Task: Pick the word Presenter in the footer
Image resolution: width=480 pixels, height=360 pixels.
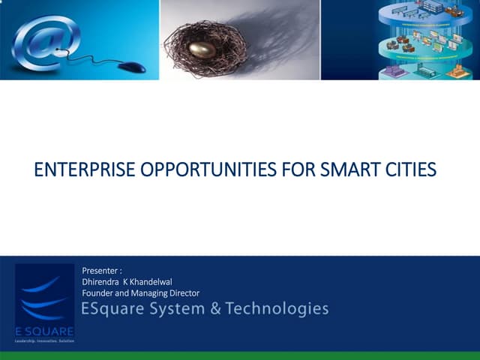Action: [100, 270]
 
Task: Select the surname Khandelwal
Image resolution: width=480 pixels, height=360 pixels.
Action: [152, 281]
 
